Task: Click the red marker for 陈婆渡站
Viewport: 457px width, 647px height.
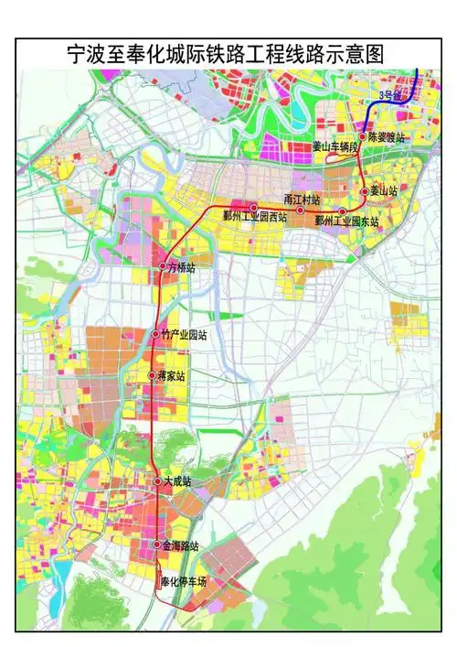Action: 362,136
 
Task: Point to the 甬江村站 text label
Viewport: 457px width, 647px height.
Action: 302,199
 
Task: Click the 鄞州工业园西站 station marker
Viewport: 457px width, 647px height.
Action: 254,208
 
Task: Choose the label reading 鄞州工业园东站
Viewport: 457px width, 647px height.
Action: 346,221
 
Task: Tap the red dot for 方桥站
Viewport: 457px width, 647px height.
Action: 163,266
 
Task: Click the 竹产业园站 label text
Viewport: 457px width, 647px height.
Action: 184,334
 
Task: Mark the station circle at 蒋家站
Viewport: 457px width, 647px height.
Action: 153,375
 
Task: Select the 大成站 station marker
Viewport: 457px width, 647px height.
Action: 156,481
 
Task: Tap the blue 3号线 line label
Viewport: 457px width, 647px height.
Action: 390,94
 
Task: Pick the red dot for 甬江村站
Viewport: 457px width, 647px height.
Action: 300,210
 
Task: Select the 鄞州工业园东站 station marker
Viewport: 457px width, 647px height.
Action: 342,211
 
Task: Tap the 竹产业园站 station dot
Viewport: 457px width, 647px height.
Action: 156,333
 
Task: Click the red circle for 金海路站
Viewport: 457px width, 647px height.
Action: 156,545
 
